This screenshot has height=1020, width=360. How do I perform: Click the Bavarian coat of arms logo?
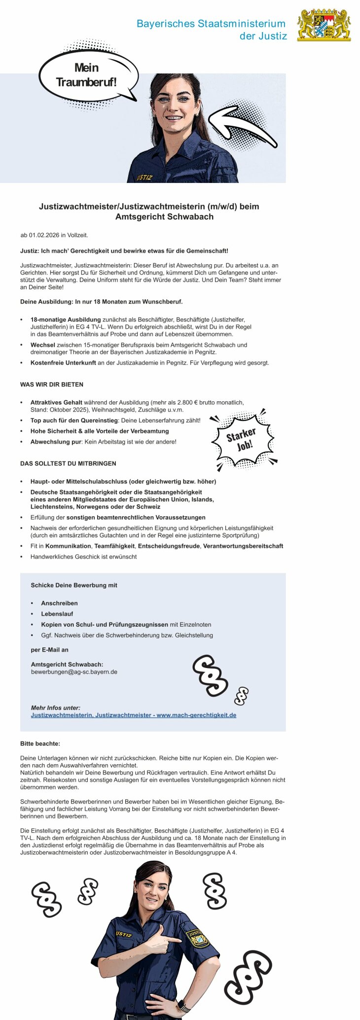[x=324, y=25]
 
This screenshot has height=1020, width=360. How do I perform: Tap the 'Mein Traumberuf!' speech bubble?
[x=87, y=75]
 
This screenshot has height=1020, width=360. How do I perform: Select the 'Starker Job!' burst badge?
[x=242, y=439]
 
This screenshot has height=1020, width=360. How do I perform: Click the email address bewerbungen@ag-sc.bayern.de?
[x=74, y=672]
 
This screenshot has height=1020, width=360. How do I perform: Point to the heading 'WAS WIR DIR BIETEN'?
[x=52, y=385]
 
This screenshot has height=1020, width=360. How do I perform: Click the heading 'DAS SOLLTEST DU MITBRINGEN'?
[x=68, y=463]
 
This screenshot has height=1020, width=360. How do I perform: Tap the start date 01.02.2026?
[x=44, y=235]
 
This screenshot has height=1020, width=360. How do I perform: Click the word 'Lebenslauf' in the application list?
[x=57, y=614]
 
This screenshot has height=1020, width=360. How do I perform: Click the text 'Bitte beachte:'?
[x=40, y=743]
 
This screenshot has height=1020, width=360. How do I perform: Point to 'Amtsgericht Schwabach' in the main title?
[x=164, y=217]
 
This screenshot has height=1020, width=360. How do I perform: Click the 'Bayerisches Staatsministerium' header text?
[x=211, y=24]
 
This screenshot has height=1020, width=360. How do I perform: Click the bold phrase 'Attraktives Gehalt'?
[x=56, y=402]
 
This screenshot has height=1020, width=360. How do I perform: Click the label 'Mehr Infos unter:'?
[x=55, y=707]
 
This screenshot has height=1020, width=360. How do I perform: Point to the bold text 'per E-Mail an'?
[x=49, y=650]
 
